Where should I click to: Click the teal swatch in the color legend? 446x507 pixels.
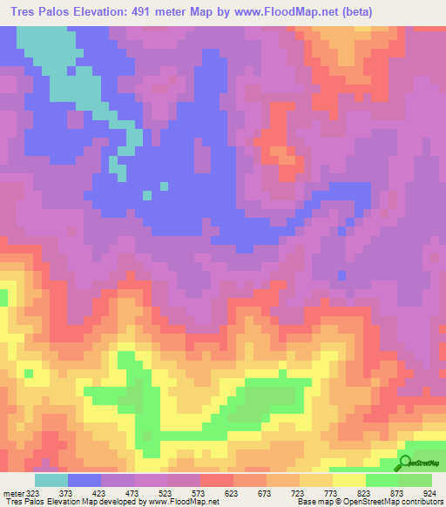pos(51,481)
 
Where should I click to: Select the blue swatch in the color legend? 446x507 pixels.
pos(84,481)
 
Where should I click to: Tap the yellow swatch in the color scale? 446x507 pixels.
pos(348,481)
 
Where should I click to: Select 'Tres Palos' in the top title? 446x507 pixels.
pos(41,12)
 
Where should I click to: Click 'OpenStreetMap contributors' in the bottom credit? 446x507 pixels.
pos(403,502)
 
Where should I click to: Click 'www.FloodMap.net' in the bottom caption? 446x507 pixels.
pos(184,502)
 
